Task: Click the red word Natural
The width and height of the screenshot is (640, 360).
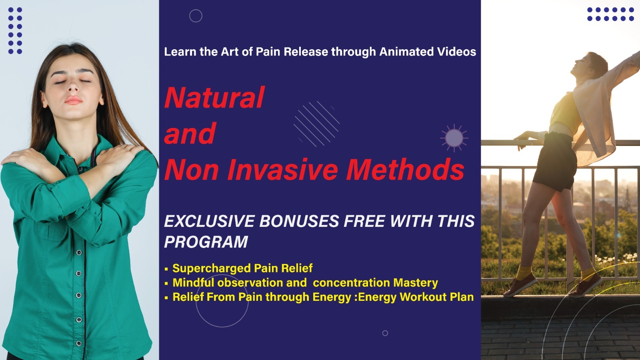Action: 214,98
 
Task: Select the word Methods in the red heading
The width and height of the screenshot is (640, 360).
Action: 405,170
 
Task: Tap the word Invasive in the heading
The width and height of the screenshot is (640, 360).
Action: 282,170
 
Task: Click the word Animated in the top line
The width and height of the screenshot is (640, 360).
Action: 406,52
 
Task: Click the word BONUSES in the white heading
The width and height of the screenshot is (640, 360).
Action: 299,221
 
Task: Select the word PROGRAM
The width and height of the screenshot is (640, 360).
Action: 206,242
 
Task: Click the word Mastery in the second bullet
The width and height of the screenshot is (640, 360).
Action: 416,282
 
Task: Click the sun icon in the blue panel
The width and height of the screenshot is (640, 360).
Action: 454,138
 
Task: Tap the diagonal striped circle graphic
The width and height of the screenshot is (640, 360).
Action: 316,124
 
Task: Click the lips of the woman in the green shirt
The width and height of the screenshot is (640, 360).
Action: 73,100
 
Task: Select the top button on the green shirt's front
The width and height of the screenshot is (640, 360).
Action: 79,252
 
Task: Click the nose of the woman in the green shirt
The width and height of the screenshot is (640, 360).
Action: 73,85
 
